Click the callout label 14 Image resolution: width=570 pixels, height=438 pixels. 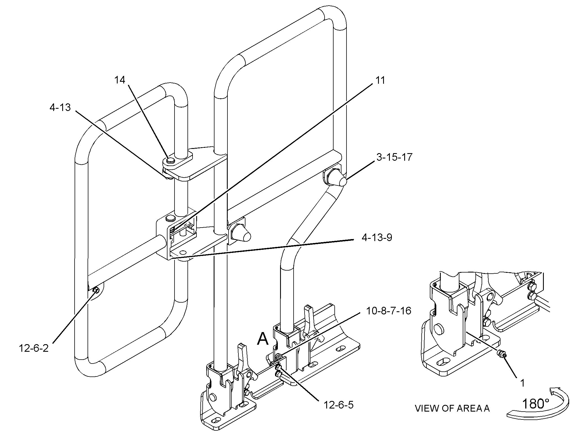119,80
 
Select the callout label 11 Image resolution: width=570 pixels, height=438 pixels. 380,80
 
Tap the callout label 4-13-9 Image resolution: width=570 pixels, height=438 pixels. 377,238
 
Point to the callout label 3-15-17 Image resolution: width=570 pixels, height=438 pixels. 394,157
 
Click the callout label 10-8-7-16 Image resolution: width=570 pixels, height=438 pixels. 389,311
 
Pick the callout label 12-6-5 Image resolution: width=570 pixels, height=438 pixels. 338,405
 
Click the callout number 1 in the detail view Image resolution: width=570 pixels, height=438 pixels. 522,383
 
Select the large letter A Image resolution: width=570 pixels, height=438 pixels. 263,339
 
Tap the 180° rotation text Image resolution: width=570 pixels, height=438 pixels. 536,403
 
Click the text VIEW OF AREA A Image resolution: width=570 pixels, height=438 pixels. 452,408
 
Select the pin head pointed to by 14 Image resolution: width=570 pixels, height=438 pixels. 170,160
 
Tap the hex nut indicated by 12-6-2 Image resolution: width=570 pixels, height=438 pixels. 96,290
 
